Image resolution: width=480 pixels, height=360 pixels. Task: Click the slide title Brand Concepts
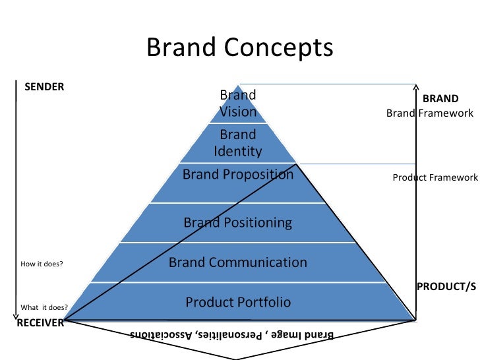[x=239, y=47]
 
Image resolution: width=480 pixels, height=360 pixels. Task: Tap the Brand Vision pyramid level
[x=238, y=104]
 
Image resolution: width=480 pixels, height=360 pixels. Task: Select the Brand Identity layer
[x=238, y=142]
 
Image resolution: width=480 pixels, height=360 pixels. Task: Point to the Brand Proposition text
[x=238, y=175]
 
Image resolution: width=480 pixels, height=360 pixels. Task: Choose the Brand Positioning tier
[x=238, y=222]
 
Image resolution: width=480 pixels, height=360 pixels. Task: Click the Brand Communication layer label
[x=238, y=262]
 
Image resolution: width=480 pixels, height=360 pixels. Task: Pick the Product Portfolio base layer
[x=238, y=303]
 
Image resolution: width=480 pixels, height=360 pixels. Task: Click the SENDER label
[x=44, y=86]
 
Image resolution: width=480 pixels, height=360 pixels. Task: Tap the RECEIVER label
[x=40, y=322]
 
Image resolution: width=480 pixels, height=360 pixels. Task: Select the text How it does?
[x=42, y=264]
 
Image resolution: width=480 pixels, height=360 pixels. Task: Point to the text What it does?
[x=45, y=307]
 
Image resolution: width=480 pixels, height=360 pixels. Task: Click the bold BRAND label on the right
[x=440, y=99]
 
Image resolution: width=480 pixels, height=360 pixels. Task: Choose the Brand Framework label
[x=430, y=113]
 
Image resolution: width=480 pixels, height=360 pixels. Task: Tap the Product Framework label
[x=435, y=177]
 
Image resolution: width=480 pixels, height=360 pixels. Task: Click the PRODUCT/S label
[x=446, y=286]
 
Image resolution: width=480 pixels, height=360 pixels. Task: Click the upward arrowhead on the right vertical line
[x=416, y=86]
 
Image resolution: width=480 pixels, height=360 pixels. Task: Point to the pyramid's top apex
[x=238, y=85]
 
